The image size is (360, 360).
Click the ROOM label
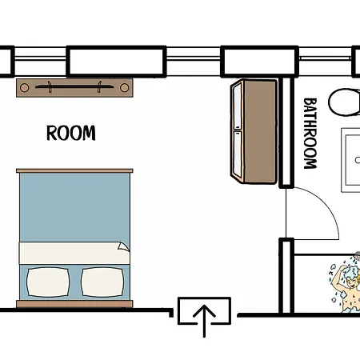tap(71, 133)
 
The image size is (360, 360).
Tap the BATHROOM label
tap(310, 134)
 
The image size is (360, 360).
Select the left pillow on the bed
tap(48, 282)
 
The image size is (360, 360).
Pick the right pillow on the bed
tap(102, 282)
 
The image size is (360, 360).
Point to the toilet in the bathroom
tap(345, 102)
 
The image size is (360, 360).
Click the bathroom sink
tap(350, 160)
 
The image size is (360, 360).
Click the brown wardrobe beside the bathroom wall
tap(254, 132)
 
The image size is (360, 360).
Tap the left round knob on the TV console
tap(25, 88)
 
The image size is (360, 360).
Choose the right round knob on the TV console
tap(124, 88)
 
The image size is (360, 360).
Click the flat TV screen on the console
tap(74, 86)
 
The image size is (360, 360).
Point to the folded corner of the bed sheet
tap(123, 246)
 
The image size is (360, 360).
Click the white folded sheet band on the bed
tap(74, 253)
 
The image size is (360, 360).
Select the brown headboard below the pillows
tap(74, 304)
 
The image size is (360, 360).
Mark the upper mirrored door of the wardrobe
tap(237, 106)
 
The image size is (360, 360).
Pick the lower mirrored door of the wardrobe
tap(237, 154)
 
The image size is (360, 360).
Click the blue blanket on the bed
tap(74, 207)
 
